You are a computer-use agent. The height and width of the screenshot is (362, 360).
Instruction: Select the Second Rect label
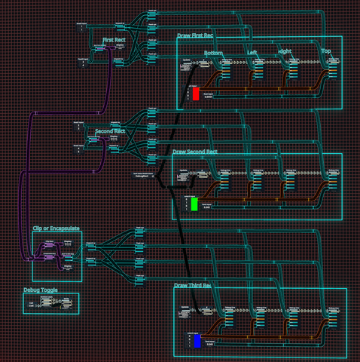[x=110, y=131]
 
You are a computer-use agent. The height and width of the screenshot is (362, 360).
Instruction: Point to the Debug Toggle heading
[x=39, y=289]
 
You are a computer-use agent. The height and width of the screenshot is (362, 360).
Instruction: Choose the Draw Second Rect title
[x=195, y=152]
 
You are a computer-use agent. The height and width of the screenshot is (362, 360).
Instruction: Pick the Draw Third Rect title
[x=194, y=286]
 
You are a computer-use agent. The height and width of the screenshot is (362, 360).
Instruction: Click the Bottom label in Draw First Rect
[x=218, y=53]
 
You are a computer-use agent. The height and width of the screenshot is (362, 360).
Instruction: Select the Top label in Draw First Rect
[x=326, y=51]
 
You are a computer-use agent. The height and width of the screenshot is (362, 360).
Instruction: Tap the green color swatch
[x=194, y=203]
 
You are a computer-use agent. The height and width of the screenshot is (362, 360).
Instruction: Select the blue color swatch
[x=197, y=341]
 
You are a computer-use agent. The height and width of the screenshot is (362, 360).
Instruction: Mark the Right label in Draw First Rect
[x=285, y=52]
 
